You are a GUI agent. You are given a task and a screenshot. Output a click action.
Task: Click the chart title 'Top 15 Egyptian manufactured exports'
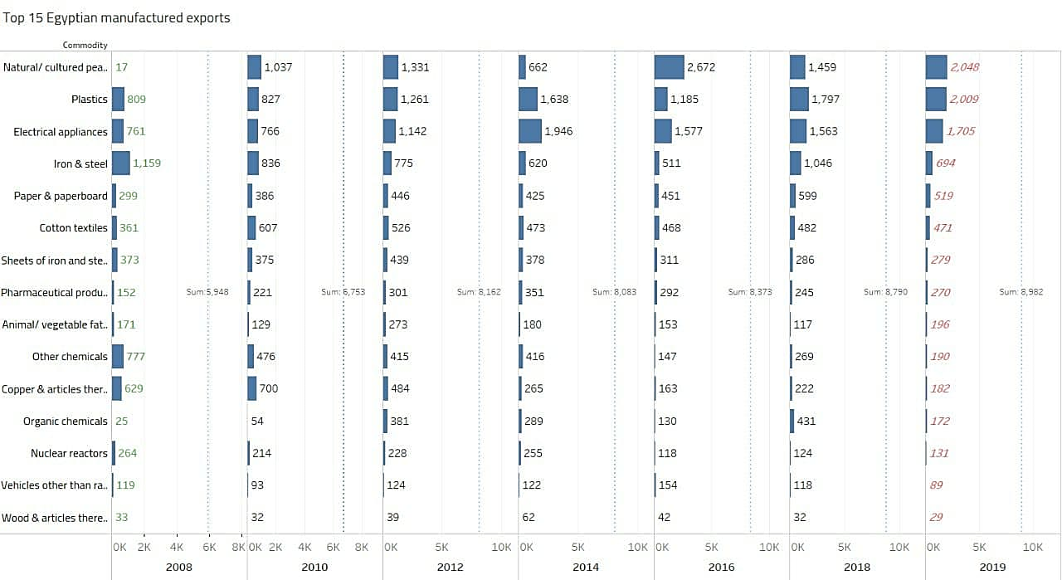[116, 17]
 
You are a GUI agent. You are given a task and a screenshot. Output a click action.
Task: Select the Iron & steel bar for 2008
[121, 163]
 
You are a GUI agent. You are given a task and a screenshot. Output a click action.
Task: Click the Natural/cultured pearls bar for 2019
[936, 67]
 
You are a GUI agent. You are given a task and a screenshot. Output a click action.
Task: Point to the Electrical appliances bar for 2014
[530, 131]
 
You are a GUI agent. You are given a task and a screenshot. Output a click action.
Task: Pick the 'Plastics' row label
[90, 100]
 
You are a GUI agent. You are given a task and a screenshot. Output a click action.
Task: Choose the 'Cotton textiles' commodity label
[73, 227]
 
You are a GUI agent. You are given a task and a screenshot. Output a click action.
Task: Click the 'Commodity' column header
[85, 45]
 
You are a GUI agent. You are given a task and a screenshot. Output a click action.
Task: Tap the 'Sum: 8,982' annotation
[1021, 292]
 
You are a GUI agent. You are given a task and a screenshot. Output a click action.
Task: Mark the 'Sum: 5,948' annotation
[207, 292]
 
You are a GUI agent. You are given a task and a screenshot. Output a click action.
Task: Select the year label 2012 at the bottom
[450, 567]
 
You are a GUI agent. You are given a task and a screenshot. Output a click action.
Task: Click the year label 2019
[992, 567]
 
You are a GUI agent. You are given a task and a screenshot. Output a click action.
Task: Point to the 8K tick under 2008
[238, 548]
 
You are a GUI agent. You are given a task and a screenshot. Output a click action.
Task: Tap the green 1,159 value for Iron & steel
[147, 163]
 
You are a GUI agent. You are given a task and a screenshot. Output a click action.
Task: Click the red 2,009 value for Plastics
[964, 100]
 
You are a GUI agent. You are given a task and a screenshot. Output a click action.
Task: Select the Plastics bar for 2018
[799, 100]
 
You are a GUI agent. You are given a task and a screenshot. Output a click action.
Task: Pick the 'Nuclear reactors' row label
[69, 453]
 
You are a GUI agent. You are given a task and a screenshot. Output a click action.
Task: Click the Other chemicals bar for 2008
[118, 357]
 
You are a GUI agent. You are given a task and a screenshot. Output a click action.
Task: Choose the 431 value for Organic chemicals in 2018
[806, 421]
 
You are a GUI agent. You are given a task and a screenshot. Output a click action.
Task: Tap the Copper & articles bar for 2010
[252, 388]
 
